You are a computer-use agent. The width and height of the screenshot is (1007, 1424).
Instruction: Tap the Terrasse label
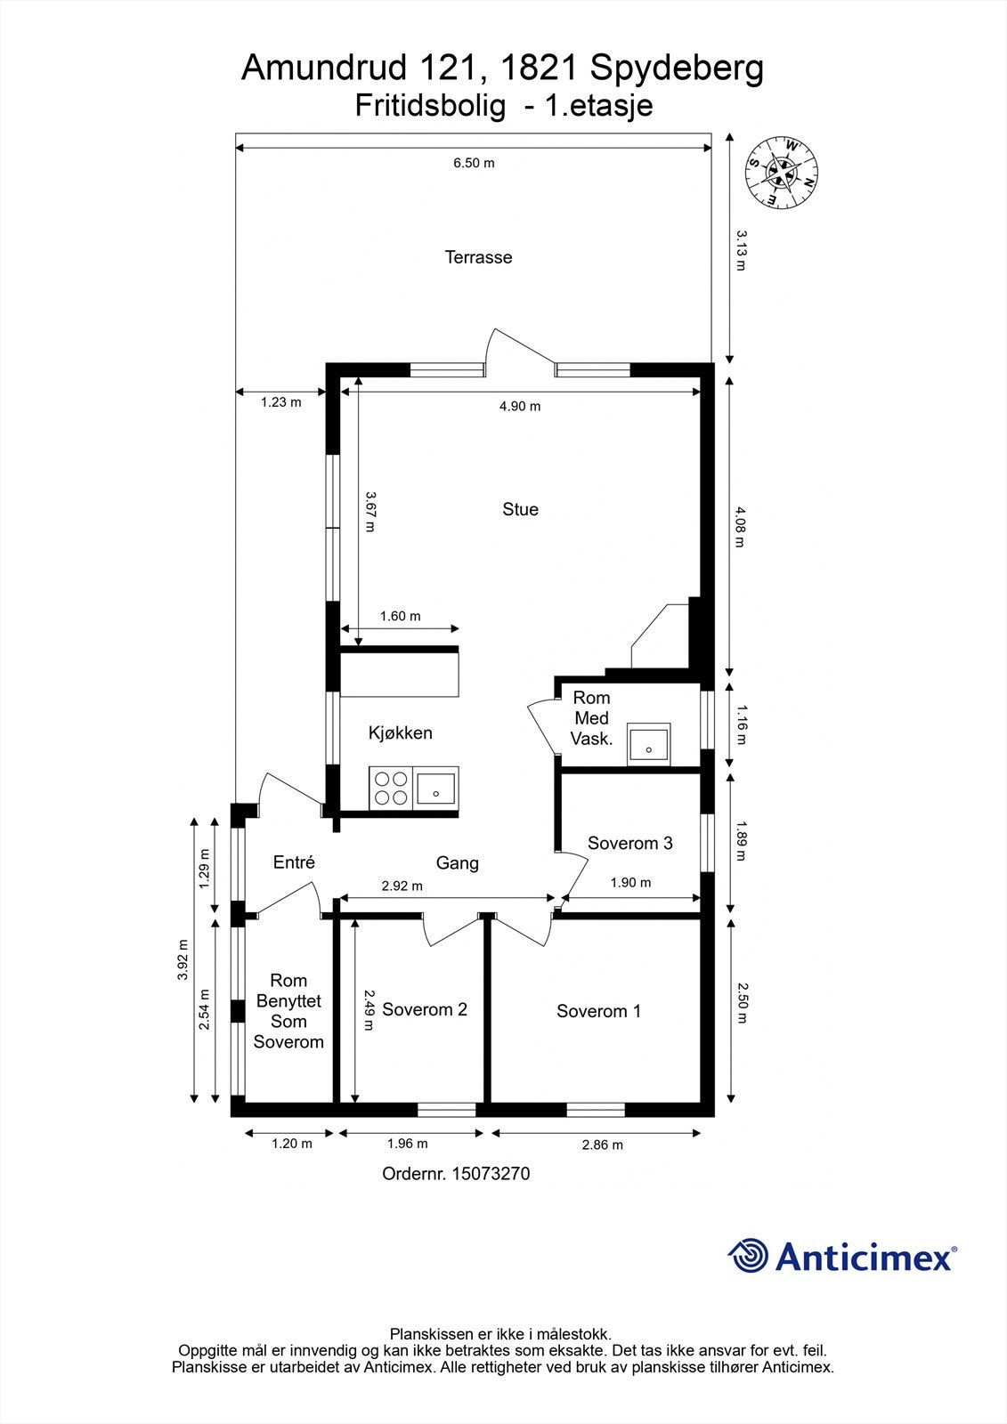tap(478, 257)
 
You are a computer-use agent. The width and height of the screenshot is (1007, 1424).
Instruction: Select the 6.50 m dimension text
tap(474, 163)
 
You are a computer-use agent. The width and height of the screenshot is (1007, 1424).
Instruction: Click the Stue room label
tap(520, 509)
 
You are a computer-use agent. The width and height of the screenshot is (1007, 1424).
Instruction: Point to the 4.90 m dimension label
tap(520, 406)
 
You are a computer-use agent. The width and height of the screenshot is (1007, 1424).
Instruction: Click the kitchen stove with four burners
tap(391, 788)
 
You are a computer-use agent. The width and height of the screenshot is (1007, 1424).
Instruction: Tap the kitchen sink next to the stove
tap(436, 788)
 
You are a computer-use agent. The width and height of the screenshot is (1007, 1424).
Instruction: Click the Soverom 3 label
tap(629, 843)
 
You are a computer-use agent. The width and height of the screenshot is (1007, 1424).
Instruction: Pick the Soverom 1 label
tap(598, 1011)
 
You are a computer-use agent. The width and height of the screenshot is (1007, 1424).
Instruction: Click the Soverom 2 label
tap(425, 1009)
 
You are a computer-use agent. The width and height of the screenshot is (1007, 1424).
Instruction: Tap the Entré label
tap(294, 862)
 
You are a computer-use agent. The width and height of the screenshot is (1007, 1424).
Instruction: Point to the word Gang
tap(457, 862)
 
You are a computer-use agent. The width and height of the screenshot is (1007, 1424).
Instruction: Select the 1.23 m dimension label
tap(280, 402)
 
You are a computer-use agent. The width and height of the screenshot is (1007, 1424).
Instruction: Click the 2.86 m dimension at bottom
tap(602, 1145)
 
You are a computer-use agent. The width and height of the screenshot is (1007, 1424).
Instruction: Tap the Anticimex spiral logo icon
tap(748, 1256)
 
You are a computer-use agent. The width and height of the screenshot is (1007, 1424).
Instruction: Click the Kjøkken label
tap(401, 733)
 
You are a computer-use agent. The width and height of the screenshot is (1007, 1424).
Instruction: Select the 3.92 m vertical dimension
tap(183, 959)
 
